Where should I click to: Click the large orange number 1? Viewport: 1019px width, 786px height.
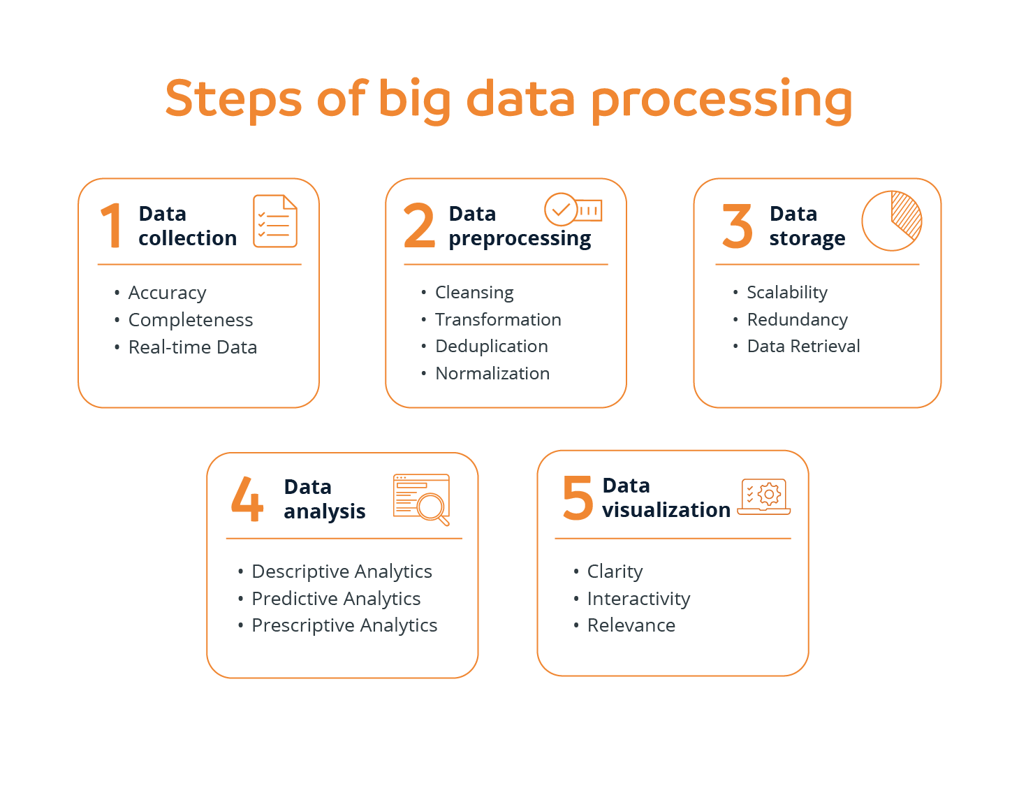(x=112, y=226)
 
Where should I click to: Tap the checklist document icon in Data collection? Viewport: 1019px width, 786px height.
(x=275, y=221)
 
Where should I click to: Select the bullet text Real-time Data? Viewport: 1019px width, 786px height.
(x=192, y=347)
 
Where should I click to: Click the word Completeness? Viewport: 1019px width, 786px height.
(x=190, y=320)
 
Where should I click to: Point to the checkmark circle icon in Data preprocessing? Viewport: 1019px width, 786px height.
(x=560, y=209)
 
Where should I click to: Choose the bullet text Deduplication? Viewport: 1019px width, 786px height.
(x=491, y=347)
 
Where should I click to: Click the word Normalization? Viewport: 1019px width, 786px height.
(x=492, y=374)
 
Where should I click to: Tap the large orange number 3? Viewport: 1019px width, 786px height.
(x=737, y=226)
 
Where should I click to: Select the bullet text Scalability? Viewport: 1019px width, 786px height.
(x=786, y=293)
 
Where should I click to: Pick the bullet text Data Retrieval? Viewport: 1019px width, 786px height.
(x=803, y=347)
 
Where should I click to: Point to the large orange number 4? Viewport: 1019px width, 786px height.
(x=247, y=499)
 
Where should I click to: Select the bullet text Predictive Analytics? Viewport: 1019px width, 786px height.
(x=336, y=599)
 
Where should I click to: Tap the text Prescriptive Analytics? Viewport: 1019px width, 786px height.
(x=344, y=625)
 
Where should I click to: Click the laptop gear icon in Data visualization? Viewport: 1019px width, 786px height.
(x=764, y=496)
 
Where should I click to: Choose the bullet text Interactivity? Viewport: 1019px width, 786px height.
(x=638, y=599)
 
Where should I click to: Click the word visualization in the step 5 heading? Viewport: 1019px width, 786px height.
(x=666, y=510)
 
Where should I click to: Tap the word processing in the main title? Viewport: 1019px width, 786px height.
(x=721, y=100)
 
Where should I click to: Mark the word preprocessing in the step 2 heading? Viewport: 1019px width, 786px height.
(x=520, y=239)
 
